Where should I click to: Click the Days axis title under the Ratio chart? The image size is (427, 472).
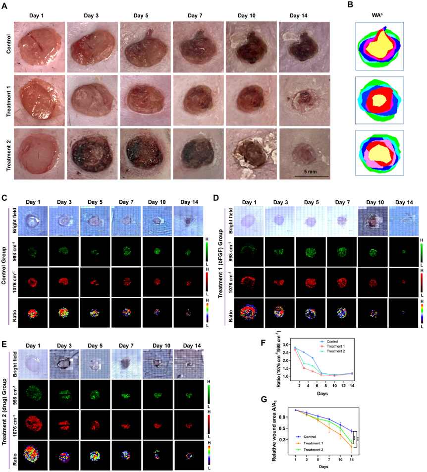click(x=322, y=393)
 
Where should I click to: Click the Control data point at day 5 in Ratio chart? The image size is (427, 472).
click(x=313, y=357)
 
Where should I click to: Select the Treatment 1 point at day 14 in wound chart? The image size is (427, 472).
click(x=352, y=447)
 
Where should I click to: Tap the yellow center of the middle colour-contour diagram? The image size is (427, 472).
click(x=380, y=100)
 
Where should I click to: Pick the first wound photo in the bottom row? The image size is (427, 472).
click(x=39, y=153)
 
